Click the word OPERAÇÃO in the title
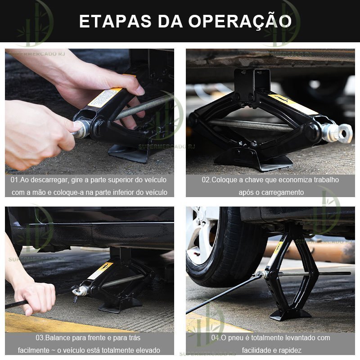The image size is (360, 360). click(240, 21)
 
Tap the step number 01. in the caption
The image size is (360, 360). click(15, 180)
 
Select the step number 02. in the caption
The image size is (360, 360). click(207, 180)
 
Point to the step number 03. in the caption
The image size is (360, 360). click(40, 338)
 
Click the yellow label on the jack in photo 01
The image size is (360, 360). click(105, 98)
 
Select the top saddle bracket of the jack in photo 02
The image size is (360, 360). click(252, 81)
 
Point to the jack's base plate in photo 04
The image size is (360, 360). click(290, 315)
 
